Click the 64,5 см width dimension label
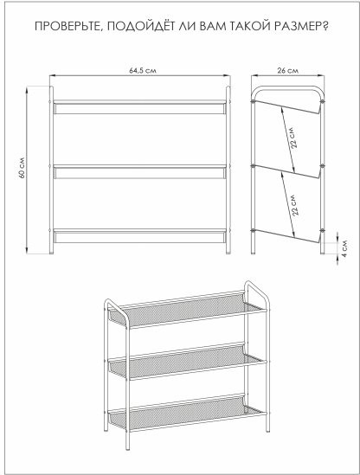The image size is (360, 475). (x=143, y=71)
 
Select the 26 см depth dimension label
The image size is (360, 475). (x=287, y=71)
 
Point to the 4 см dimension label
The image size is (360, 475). (x=344, y=247)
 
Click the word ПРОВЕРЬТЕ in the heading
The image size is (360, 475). (x=67, y=26)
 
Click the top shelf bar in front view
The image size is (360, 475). (x=139, y=107)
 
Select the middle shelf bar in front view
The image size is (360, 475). (x=139, y=172)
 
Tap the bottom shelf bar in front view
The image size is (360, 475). (x=139, y=236)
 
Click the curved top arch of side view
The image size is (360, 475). (x=287, y=88)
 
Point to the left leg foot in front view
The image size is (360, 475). (x=52, y=250)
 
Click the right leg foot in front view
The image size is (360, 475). (x=228, y=250)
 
